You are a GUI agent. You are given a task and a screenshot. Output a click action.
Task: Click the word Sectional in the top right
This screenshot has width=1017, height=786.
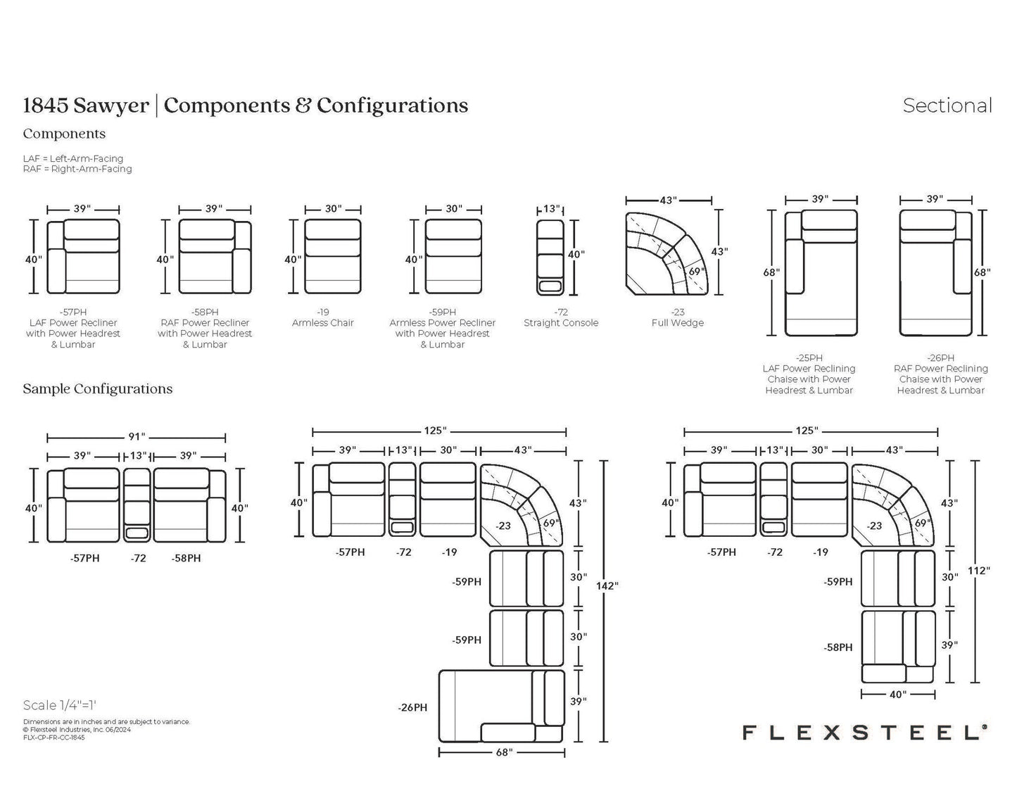(x=947, y=106)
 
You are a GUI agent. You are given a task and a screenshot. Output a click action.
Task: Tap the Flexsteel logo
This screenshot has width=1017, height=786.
(x=864, y=733)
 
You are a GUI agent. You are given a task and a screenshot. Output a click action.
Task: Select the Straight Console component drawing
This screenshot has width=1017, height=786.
(x=550, y=258)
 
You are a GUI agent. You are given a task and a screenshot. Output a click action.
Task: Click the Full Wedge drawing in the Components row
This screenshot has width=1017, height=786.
(x=667, y=253)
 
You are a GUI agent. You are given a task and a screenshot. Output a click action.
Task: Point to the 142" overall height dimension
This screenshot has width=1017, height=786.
(x=607, y=585)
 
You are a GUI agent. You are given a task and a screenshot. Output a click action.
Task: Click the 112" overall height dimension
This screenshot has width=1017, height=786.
(x=978, y=571)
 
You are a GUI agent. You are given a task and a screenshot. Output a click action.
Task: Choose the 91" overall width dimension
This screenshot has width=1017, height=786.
(x=137, y=436)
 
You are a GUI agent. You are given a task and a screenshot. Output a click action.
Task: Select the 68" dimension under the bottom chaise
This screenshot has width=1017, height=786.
(x=504, y=752)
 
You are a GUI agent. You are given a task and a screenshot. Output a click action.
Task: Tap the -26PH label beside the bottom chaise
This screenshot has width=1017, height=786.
(x=412, y=707)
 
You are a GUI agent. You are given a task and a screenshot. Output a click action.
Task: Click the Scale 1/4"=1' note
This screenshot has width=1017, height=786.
(x=60, y=705)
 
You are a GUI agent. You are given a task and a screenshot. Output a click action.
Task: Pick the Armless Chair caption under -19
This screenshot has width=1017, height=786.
(x=323, y=323)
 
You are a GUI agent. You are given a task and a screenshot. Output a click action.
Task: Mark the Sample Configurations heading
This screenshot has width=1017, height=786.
(x=98, y=389)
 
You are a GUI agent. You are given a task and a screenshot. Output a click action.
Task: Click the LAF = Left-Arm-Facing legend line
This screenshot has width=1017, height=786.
(x=73, y=158)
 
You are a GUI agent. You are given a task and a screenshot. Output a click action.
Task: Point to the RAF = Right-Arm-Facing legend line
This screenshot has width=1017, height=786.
(x=77, y=169)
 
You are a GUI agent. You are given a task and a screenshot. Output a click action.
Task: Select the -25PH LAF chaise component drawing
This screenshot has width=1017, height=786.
(x=821, y=273)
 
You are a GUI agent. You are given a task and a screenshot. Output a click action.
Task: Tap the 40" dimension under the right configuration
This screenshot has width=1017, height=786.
(x=897, y=695)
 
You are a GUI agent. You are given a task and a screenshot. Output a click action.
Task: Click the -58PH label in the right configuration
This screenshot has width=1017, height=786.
(x=838, y=647)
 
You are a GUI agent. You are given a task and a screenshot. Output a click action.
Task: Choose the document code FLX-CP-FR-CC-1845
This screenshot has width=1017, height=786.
(x=53, y=738)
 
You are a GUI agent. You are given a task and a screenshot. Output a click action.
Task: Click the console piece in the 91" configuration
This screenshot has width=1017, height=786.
(x=137, y=505)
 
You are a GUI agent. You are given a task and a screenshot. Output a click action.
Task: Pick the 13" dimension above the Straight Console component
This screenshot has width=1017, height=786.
(x=551, y=209)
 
